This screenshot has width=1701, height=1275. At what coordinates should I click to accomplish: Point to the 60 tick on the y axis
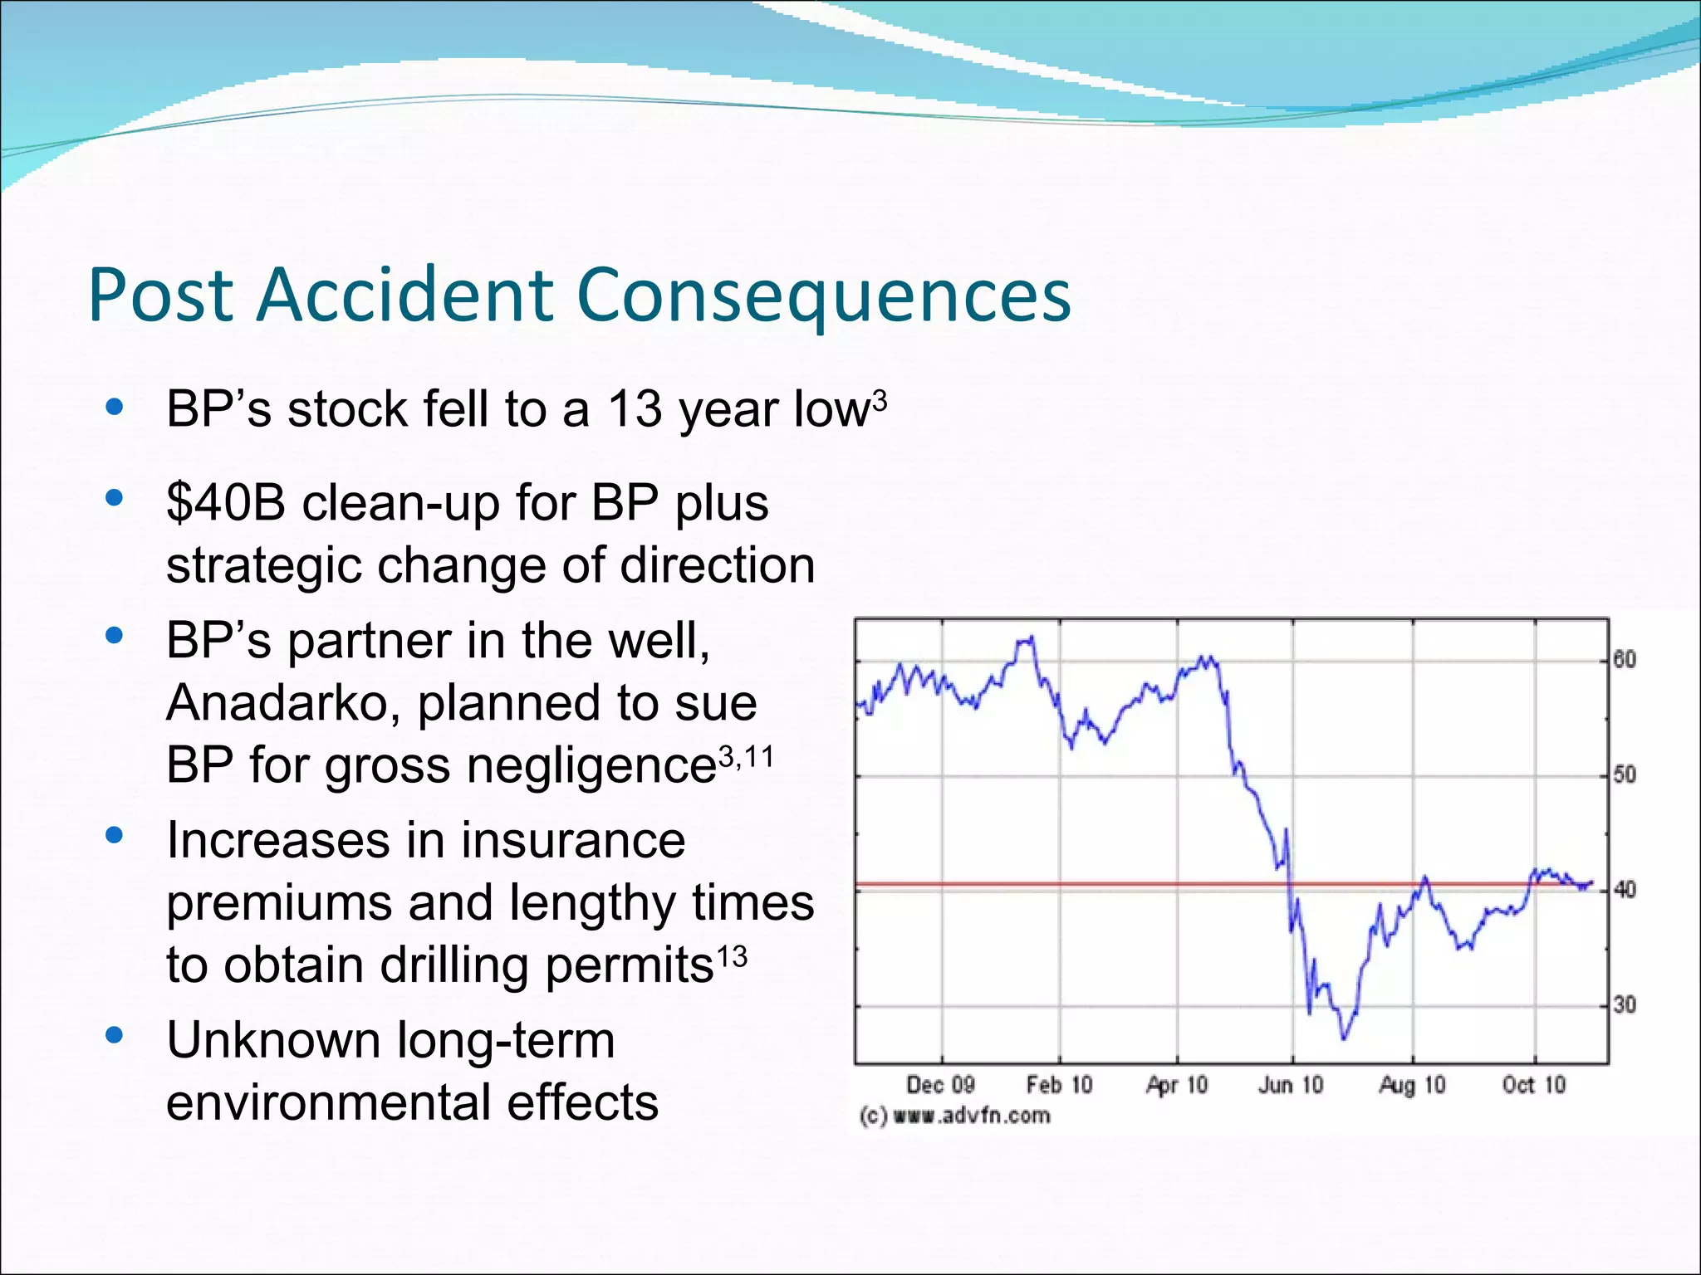pyautogui.click(x=1624, y=660)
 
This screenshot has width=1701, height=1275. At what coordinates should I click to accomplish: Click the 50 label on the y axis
pyautogui.click(x=1624, y=774)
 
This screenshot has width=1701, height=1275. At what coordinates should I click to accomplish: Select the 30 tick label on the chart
pyautogui.click(x=1624, y=1005)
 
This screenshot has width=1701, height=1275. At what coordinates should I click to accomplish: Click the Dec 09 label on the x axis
pyautogui.click(x=939, y=1085)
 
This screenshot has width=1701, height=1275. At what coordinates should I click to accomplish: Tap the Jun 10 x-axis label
pyautogui.click(x=1290, y=1085)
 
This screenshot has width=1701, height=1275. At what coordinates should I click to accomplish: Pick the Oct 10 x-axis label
pyautogui.click(x=1533, y=1085)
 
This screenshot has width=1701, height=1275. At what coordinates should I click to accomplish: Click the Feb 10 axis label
pyautogui.click(x=1059, y=1085)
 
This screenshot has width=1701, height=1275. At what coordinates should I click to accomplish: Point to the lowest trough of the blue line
pyautogui.click(x=1344, y=1038)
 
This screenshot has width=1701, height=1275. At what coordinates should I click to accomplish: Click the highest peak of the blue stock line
pyautogui.click(x=1031, y=637)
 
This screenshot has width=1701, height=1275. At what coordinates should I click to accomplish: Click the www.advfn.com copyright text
pyautogui.click(x=955, y=1116)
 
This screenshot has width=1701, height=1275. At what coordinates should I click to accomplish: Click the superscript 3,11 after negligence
pyautogui.click(x=746, y=757)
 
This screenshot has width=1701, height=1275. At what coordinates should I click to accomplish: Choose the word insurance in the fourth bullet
pyautogui.click(x=573, y=840)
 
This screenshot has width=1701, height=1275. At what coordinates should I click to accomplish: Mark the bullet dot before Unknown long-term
pyautogui.click(x=115, y=1035)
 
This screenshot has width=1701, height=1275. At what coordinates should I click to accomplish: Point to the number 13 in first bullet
pyautogui.click(x=635, y=409)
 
